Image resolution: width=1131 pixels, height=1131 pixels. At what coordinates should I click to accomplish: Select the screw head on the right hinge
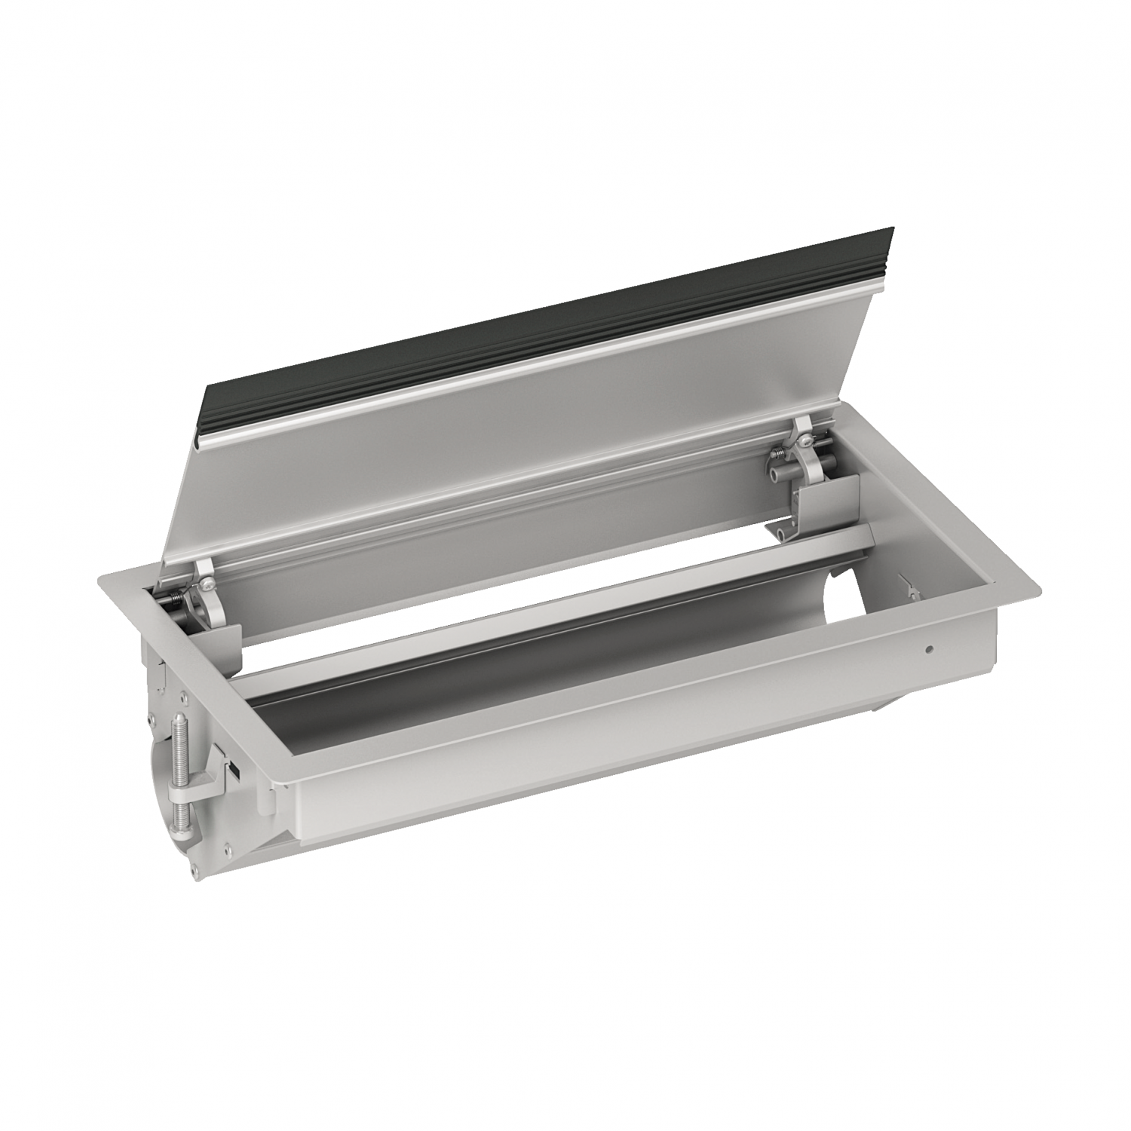805,442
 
